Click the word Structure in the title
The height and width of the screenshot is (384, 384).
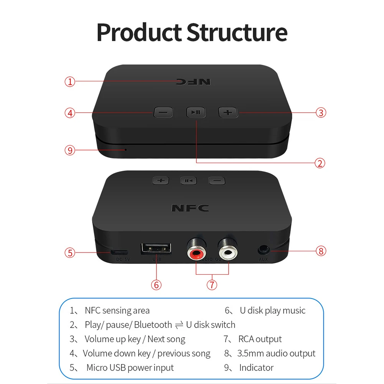coord(237,33)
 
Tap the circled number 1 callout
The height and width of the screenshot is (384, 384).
coord(70,82)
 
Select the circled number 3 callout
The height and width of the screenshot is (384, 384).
coord(321,112)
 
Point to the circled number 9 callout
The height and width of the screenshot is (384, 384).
coord(70,150)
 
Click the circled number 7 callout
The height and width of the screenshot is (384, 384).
coord(212,285)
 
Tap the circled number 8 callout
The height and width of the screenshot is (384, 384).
coord(321,251)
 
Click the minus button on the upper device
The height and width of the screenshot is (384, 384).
coord(163,113)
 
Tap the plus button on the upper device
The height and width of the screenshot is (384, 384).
coord(228,113)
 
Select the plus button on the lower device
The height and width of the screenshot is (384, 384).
coord(161,180)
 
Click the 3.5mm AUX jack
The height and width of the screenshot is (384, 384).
coord(263,250)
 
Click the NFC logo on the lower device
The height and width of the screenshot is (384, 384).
coord(190,208)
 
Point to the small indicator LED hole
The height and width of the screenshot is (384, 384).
coord(125,149)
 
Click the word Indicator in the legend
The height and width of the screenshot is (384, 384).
coord(256,368)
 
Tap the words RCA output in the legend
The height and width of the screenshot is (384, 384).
coord(260,339)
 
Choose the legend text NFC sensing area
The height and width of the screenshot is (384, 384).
coord(117,310)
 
